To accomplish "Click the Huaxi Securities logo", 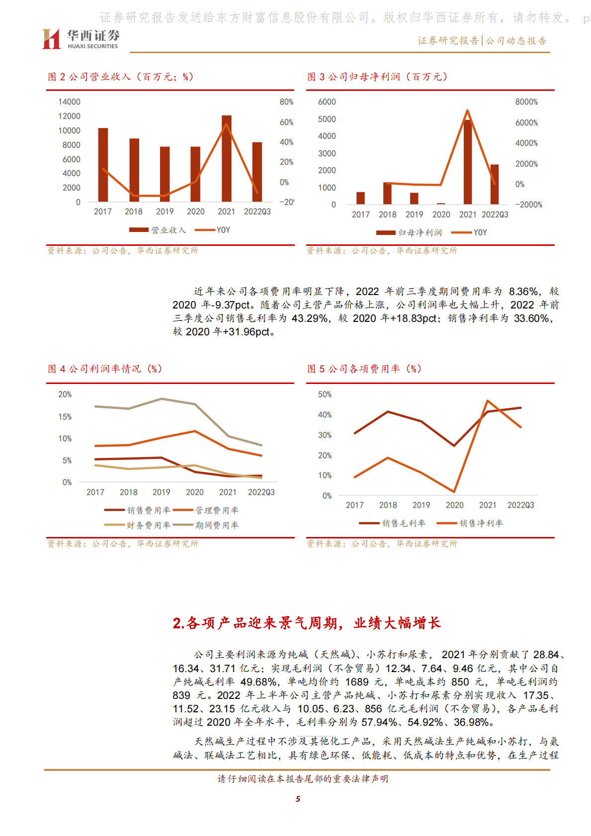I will pos(81,39).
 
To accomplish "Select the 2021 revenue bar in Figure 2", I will pos(226,159).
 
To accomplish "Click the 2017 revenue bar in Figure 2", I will pos(103,165).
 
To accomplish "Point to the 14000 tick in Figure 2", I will pos(69,102).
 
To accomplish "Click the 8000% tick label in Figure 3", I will pos(526,102).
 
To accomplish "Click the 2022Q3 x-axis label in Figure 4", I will pos(261,492).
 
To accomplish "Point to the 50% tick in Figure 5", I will pos(325,394).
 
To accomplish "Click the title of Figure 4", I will pos(105,369).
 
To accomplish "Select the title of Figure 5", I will pos(364,369).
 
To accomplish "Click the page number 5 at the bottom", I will pos(298,799).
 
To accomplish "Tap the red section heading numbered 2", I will pos(307,623).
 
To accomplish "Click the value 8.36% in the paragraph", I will pos(523,292).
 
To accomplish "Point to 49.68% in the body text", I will pos(258,682).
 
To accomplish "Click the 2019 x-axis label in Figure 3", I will pos(414,215).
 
